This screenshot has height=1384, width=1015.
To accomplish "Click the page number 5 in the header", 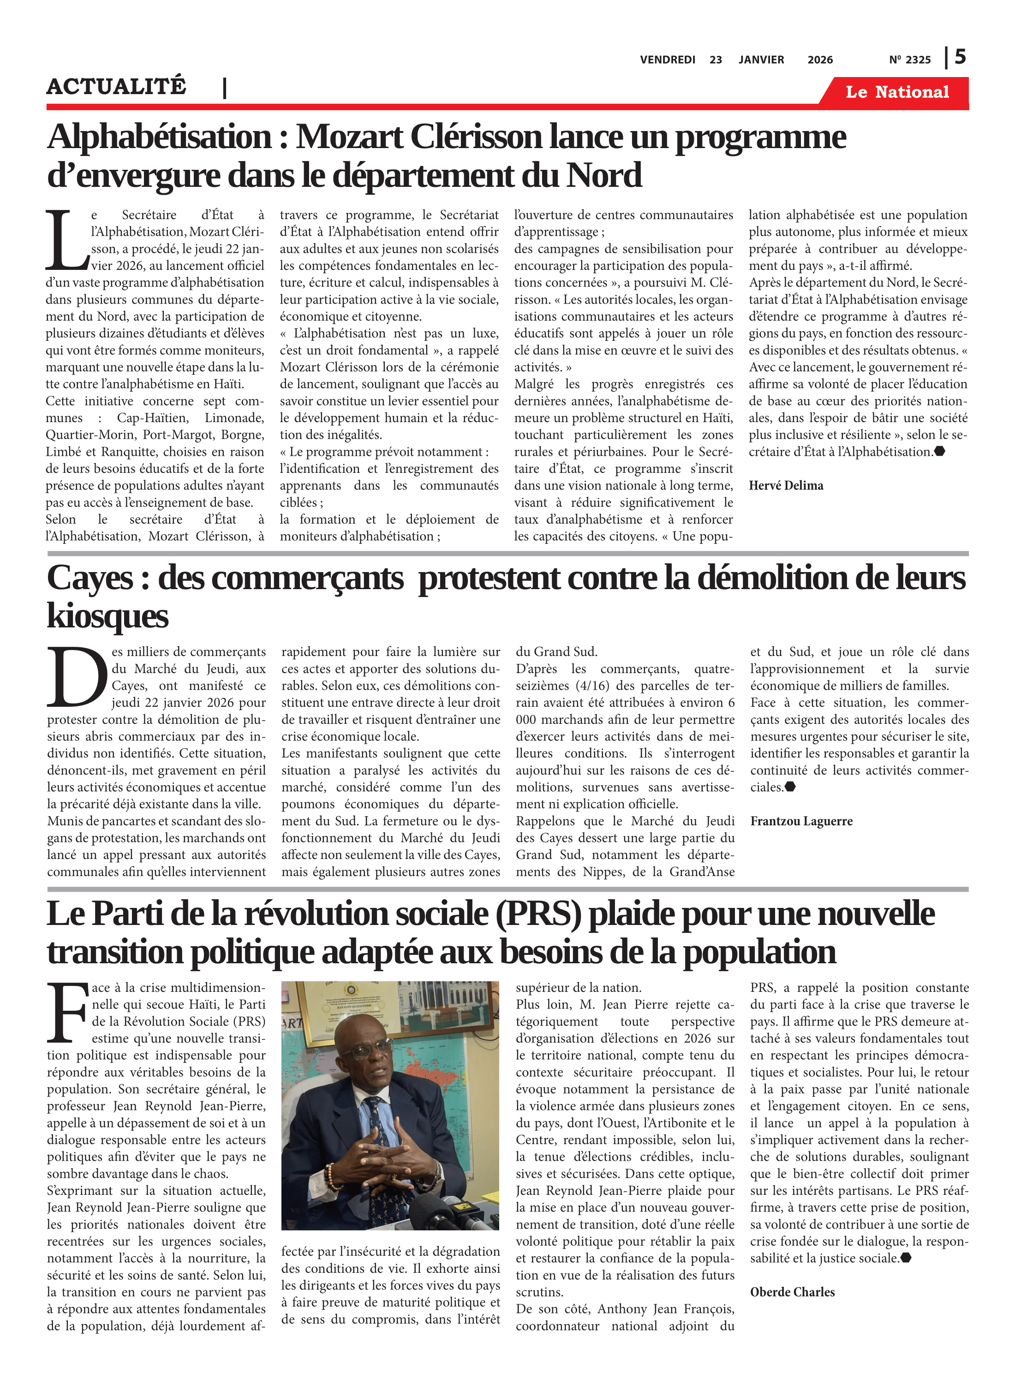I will click(960, 57).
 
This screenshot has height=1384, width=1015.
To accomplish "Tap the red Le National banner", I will click(897, 92).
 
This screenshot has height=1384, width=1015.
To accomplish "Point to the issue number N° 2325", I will click(909, 60).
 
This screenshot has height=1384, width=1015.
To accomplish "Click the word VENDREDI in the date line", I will click(667, 60).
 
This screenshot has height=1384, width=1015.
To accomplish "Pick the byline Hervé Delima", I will click(786, 485).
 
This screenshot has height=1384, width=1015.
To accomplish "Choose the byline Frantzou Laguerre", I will click(801, 821).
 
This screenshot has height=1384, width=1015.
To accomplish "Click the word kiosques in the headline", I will click(107, 616).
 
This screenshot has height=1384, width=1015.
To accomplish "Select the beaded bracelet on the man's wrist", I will click(332, 1180).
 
